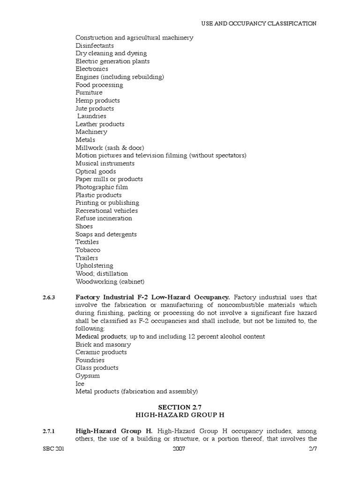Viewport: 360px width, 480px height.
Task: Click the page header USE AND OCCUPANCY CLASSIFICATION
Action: pos(259,23)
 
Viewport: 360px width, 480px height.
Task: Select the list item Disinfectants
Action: pos(95,45)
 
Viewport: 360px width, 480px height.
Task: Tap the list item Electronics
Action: pos(92,69)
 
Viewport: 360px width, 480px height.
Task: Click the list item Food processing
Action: pos(99,85)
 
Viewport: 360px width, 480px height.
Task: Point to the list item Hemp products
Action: pos(97,100)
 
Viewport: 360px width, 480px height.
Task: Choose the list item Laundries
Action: pos(92,116)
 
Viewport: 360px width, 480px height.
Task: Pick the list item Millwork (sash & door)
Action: pos(110,148)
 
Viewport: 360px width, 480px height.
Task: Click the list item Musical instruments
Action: pos(105,163)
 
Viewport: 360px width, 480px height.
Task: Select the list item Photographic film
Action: pos(102,187)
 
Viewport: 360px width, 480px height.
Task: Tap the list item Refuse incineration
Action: pos(104,218)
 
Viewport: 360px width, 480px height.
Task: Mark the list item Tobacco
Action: pos(88,250)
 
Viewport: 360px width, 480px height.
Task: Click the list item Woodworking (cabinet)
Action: pos(110,281)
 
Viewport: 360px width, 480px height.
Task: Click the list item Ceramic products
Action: pos(101,352)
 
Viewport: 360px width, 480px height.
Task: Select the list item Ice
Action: pos(80,383)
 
